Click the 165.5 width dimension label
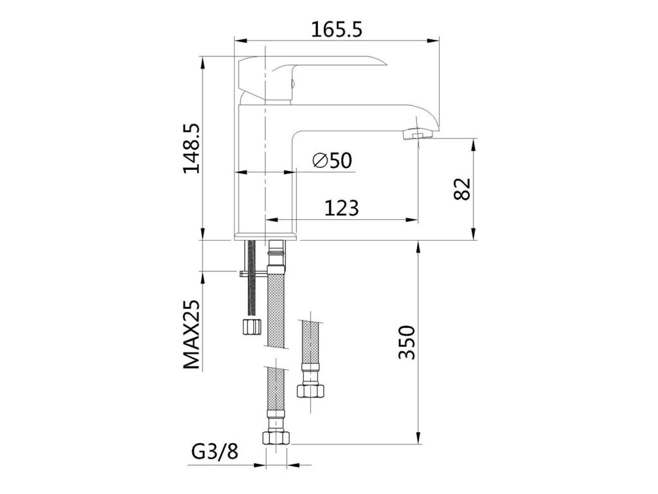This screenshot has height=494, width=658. (x=336, y=30)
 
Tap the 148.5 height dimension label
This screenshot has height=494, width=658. (x=191, y=148)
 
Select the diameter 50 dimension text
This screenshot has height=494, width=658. (x=332, y=160)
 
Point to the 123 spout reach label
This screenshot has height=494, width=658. (x=342, y=208)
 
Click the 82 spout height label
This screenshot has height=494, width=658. (x=463, y=189)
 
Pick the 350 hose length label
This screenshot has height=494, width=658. (x=407, y=342)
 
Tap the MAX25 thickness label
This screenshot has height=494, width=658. (x=191, y=334)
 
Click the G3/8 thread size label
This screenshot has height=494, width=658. (x=215, y=452)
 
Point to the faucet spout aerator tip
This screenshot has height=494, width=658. (x=418, y=135)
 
